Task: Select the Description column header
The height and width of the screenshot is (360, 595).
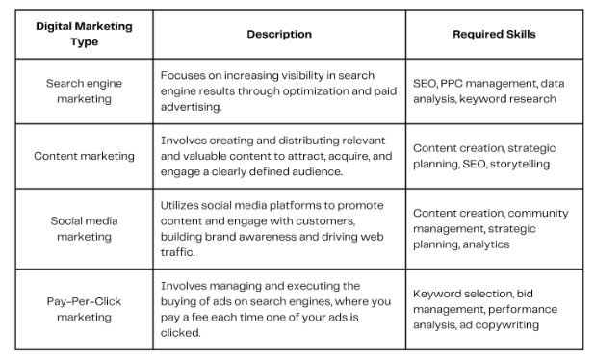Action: [x=278, y=34]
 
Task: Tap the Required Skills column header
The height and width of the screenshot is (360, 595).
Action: [x=494, y=34]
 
